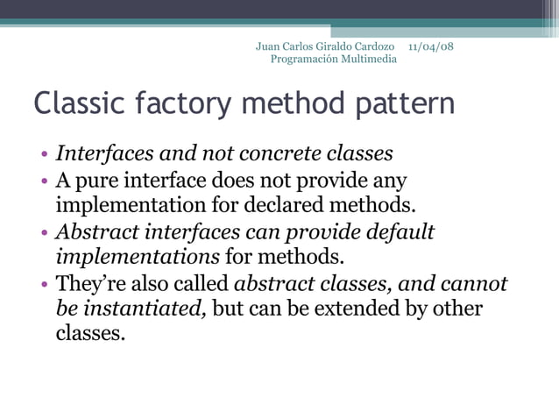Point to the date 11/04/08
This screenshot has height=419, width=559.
pos(431,46)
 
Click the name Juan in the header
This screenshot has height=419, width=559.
pos(268,46)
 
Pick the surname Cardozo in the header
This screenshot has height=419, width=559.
pos(373,46)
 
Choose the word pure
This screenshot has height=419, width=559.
pos(100,181)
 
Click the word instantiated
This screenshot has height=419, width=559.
pos(142,309)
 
